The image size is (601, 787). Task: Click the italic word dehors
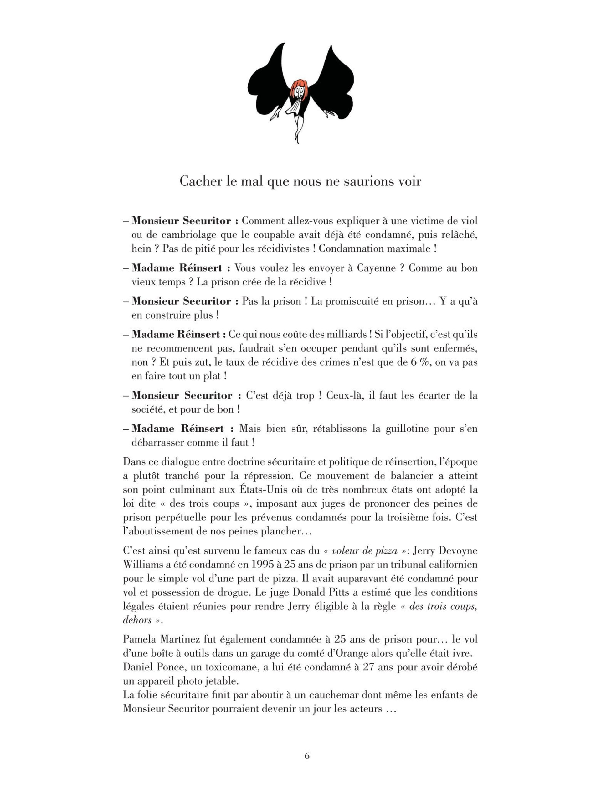coord(137,620)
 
